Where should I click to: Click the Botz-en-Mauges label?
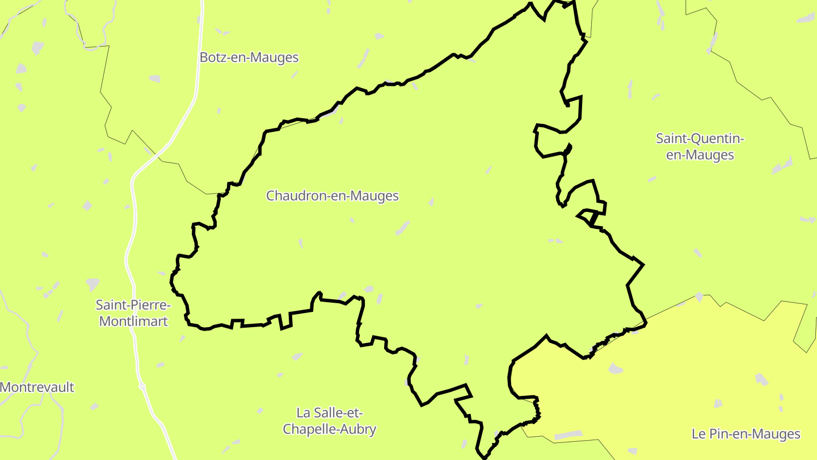(249, 57)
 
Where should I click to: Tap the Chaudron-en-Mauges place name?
(332, 196)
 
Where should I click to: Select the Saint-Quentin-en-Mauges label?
(700, 147)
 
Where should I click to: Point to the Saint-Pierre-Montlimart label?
(133, 313)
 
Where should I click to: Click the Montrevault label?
(37, 387)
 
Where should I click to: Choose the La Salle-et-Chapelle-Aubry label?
(329, 421)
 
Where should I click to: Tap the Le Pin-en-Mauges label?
(746, 434)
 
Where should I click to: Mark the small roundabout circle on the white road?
(142, 387)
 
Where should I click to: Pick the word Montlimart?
(133, 321)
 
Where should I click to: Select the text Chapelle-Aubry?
(329, 429)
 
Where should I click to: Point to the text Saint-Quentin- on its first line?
(700, 139)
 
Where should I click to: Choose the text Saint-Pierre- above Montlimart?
(133, 305)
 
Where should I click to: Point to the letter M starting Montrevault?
(6, 387)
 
